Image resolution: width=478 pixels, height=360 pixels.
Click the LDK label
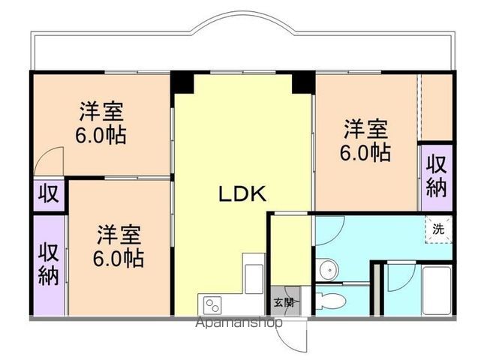(x=242, y=194)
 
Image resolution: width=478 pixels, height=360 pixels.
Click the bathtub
(x=435, y=289)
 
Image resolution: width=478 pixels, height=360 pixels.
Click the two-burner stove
(x=212, y=304)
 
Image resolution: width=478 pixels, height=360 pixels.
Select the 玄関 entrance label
(x=284, y=303)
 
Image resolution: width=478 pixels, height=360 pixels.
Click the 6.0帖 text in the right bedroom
(x=366, y=152)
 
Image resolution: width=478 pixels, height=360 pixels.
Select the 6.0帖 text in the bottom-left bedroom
(x=119, y=258)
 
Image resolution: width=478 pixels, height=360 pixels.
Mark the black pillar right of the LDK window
(x=302, y=80)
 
